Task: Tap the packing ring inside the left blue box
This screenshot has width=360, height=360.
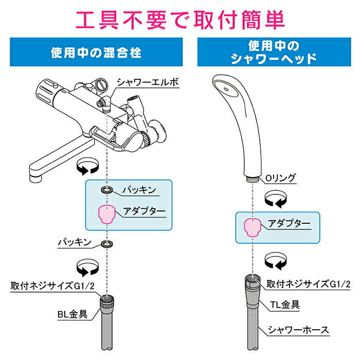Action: (106, 190)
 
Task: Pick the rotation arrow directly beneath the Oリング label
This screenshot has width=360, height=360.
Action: (273, 198)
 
